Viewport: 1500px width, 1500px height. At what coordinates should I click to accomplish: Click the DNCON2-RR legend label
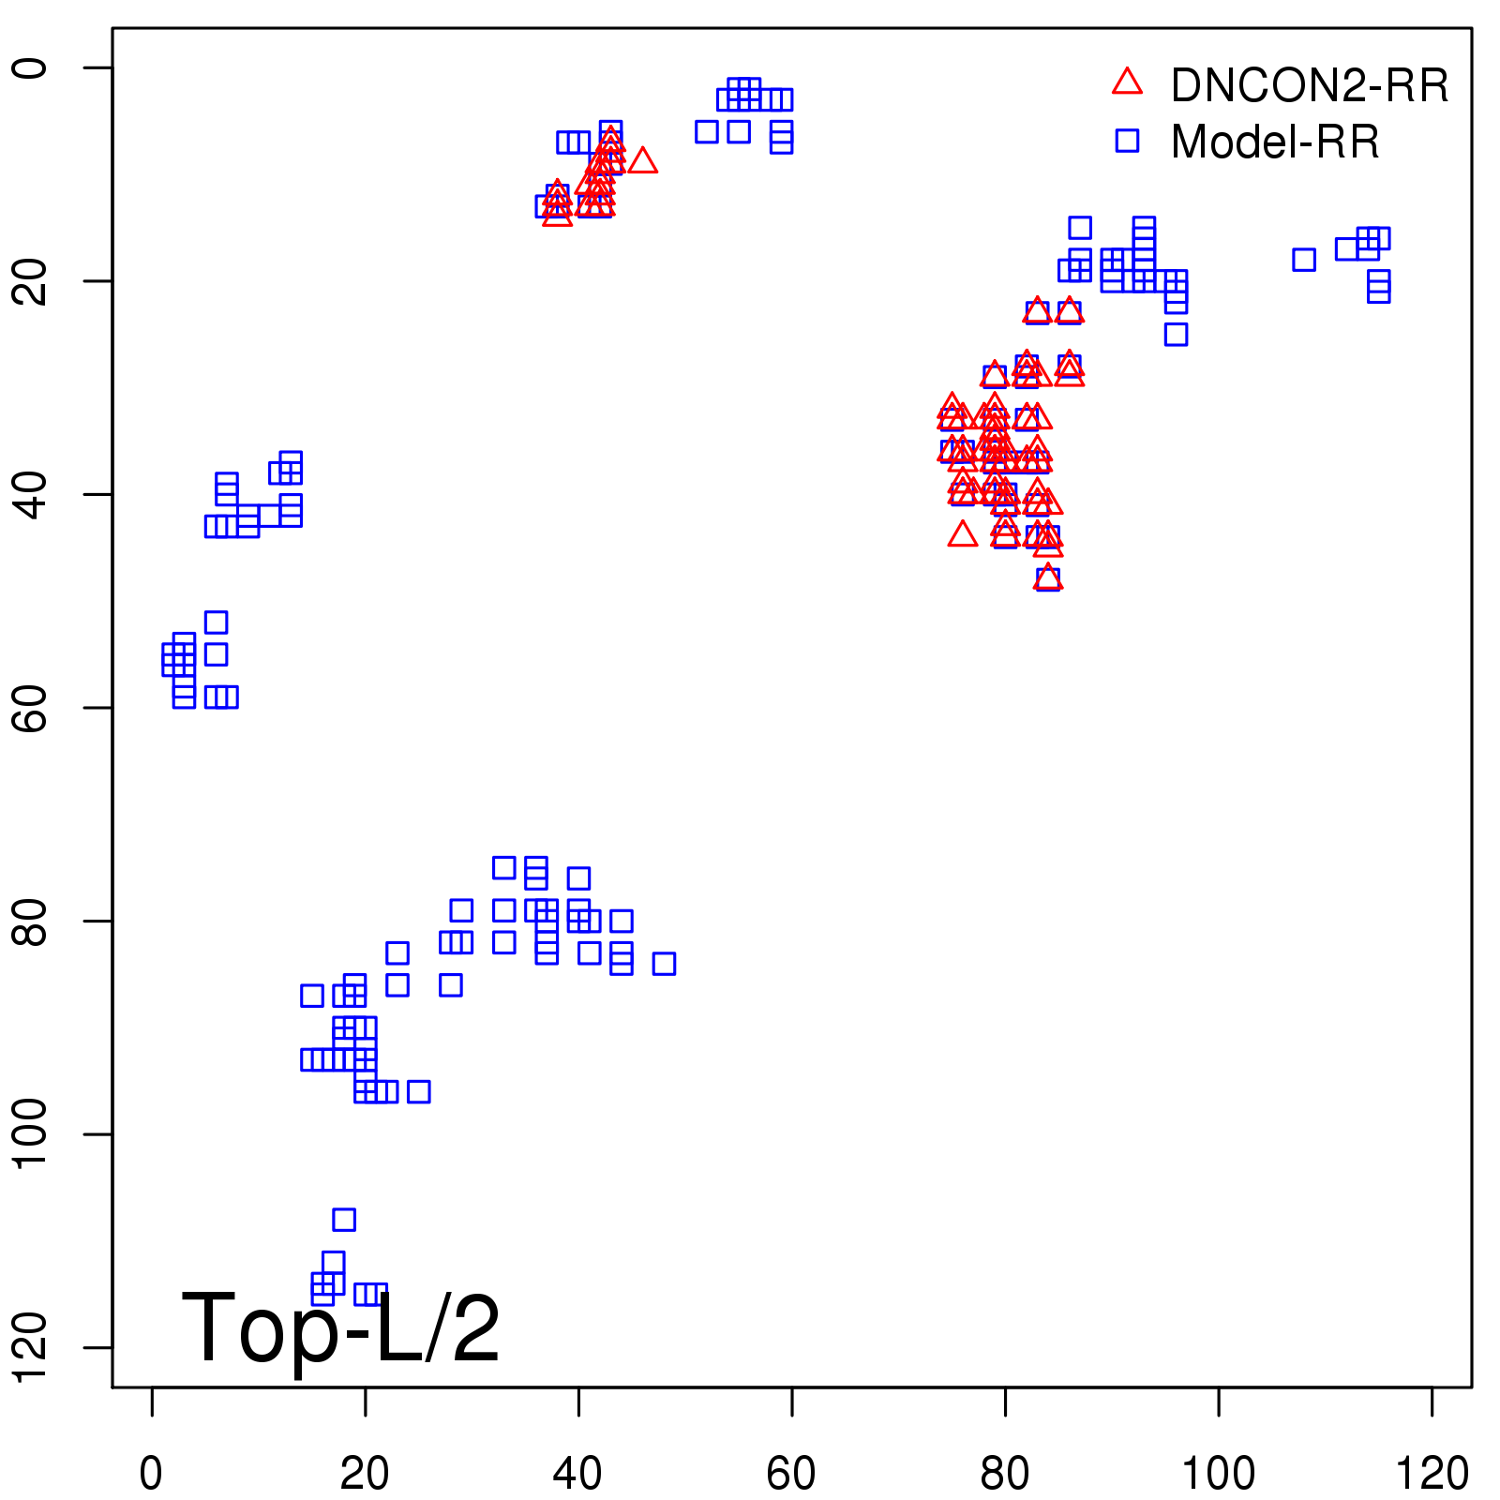click(1309, 86)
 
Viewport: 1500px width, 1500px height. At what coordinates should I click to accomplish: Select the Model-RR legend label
click(1275, 142)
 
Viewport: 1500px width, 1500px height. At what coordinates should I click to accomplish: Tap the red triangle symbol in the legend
click(1127, 82)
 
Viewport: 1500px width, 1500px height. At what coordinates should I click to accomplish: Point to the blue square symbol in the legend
click(1127, 141)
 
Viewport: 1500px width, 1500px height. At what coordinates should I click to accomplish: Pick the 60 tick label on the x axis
click(791, 1474)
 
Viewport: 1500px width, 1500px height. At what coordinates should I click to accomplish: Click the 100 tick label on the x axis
click(1218, 1474)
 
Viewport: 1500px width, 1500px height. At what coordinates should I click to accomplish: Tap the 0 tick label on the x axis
click(151, 1474)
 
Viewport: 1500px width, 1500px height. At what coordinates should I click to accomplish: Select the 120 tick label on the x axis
click(1432, 1474)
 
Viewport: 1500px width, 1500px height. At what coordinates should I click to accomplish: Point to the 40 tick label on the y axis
click(30, 494)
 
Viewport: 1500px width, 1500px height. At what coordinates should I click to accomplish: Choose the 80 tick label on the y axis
click(30, 921)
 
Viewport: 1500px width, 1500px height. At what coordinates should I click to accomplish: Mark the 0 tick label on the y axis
click(30, 67)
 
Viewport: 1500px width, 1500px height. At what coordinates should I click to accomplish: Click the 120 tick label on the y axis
click(30, 1347)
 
